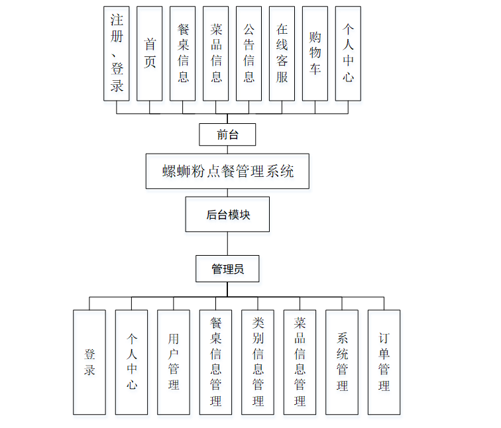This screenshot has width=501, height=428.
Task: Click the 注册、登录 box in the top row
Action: click(117, 54)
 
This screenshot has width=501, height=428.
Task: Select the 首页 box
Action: click(150, 54)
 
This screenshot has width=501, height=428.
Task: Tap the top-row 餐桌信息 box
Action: click(183, 54)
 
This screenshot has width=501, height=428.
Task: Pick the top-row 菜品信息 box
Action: click(216, 54)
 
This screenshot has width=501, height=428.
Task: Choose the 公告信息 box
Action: click(249, 54)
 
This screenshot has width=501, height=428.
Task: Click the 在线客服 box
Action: click(282, 54)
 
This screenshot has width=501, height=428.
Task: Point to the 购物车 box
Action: click(315, 54)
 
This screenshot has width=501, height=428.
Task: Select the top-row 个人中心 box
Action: click(348, 54)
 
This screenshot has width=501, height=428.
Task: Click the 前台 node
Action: click(227, 134)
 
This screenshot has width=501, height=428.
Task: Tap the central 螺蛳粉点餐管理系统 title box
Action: click(227, 171)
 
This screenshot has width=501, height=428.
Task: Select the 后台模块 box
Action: click(227, 214)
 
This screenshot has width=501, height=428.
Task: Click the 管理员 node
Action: click(227, 268)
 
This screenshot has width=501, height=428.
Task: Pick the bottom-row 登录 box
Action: click(89, 362)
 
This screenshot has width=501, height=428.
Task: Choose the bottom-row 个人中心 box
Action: click(131, 362)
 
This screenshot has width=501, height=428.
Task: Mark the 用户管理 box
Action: click(174, 362)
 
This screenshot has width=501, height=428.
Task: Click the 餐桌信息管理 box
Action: click(216, 362)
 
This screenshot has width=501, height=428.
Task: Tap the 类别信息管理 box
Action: click(258, 362)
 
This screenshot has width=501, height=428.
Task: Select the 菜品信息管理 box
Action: click(300, 362)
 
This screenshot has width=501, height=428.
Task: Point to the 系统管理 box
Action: click(342, 362)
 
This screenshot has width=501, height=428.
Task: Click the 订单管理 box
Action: click(384, 362)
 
